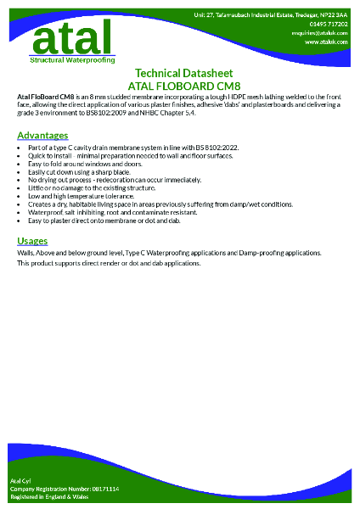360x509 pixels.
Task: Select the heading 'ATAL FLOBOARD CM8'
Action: click(x=180, y=86)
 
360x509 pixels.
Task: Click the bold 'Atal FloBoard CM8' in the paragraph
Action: click(x=43, y=98)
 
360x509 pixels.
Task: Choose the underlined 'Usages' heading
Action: click(x=32, y=241)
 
